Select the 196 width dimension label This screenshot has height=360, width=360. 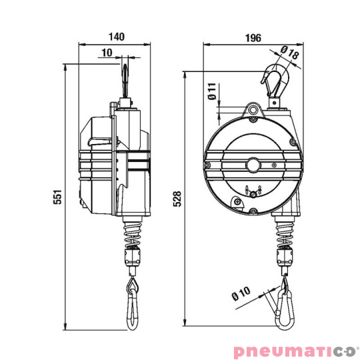[252, 37]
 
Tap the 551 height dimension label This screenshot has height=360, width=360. [58, 197]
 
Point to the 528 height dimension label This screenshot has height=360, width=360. [177, 201]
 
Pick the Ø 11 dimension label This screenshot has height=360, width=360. [211, 91]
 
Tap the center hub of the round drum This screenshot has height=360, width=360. [253, 163]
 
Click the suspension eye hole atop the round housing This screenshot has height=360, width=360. [253, 109]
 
